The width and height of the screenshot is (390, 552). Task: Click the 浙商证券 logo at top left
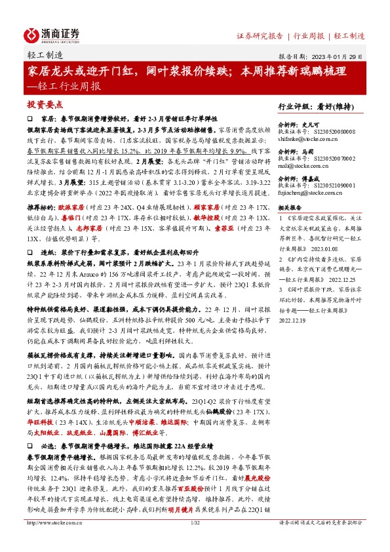[52, 33]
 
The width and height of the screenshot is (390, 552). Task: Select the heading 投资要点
[44, 104]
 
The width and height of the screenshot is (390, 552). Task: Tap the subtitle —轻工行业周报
[66, 86]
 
